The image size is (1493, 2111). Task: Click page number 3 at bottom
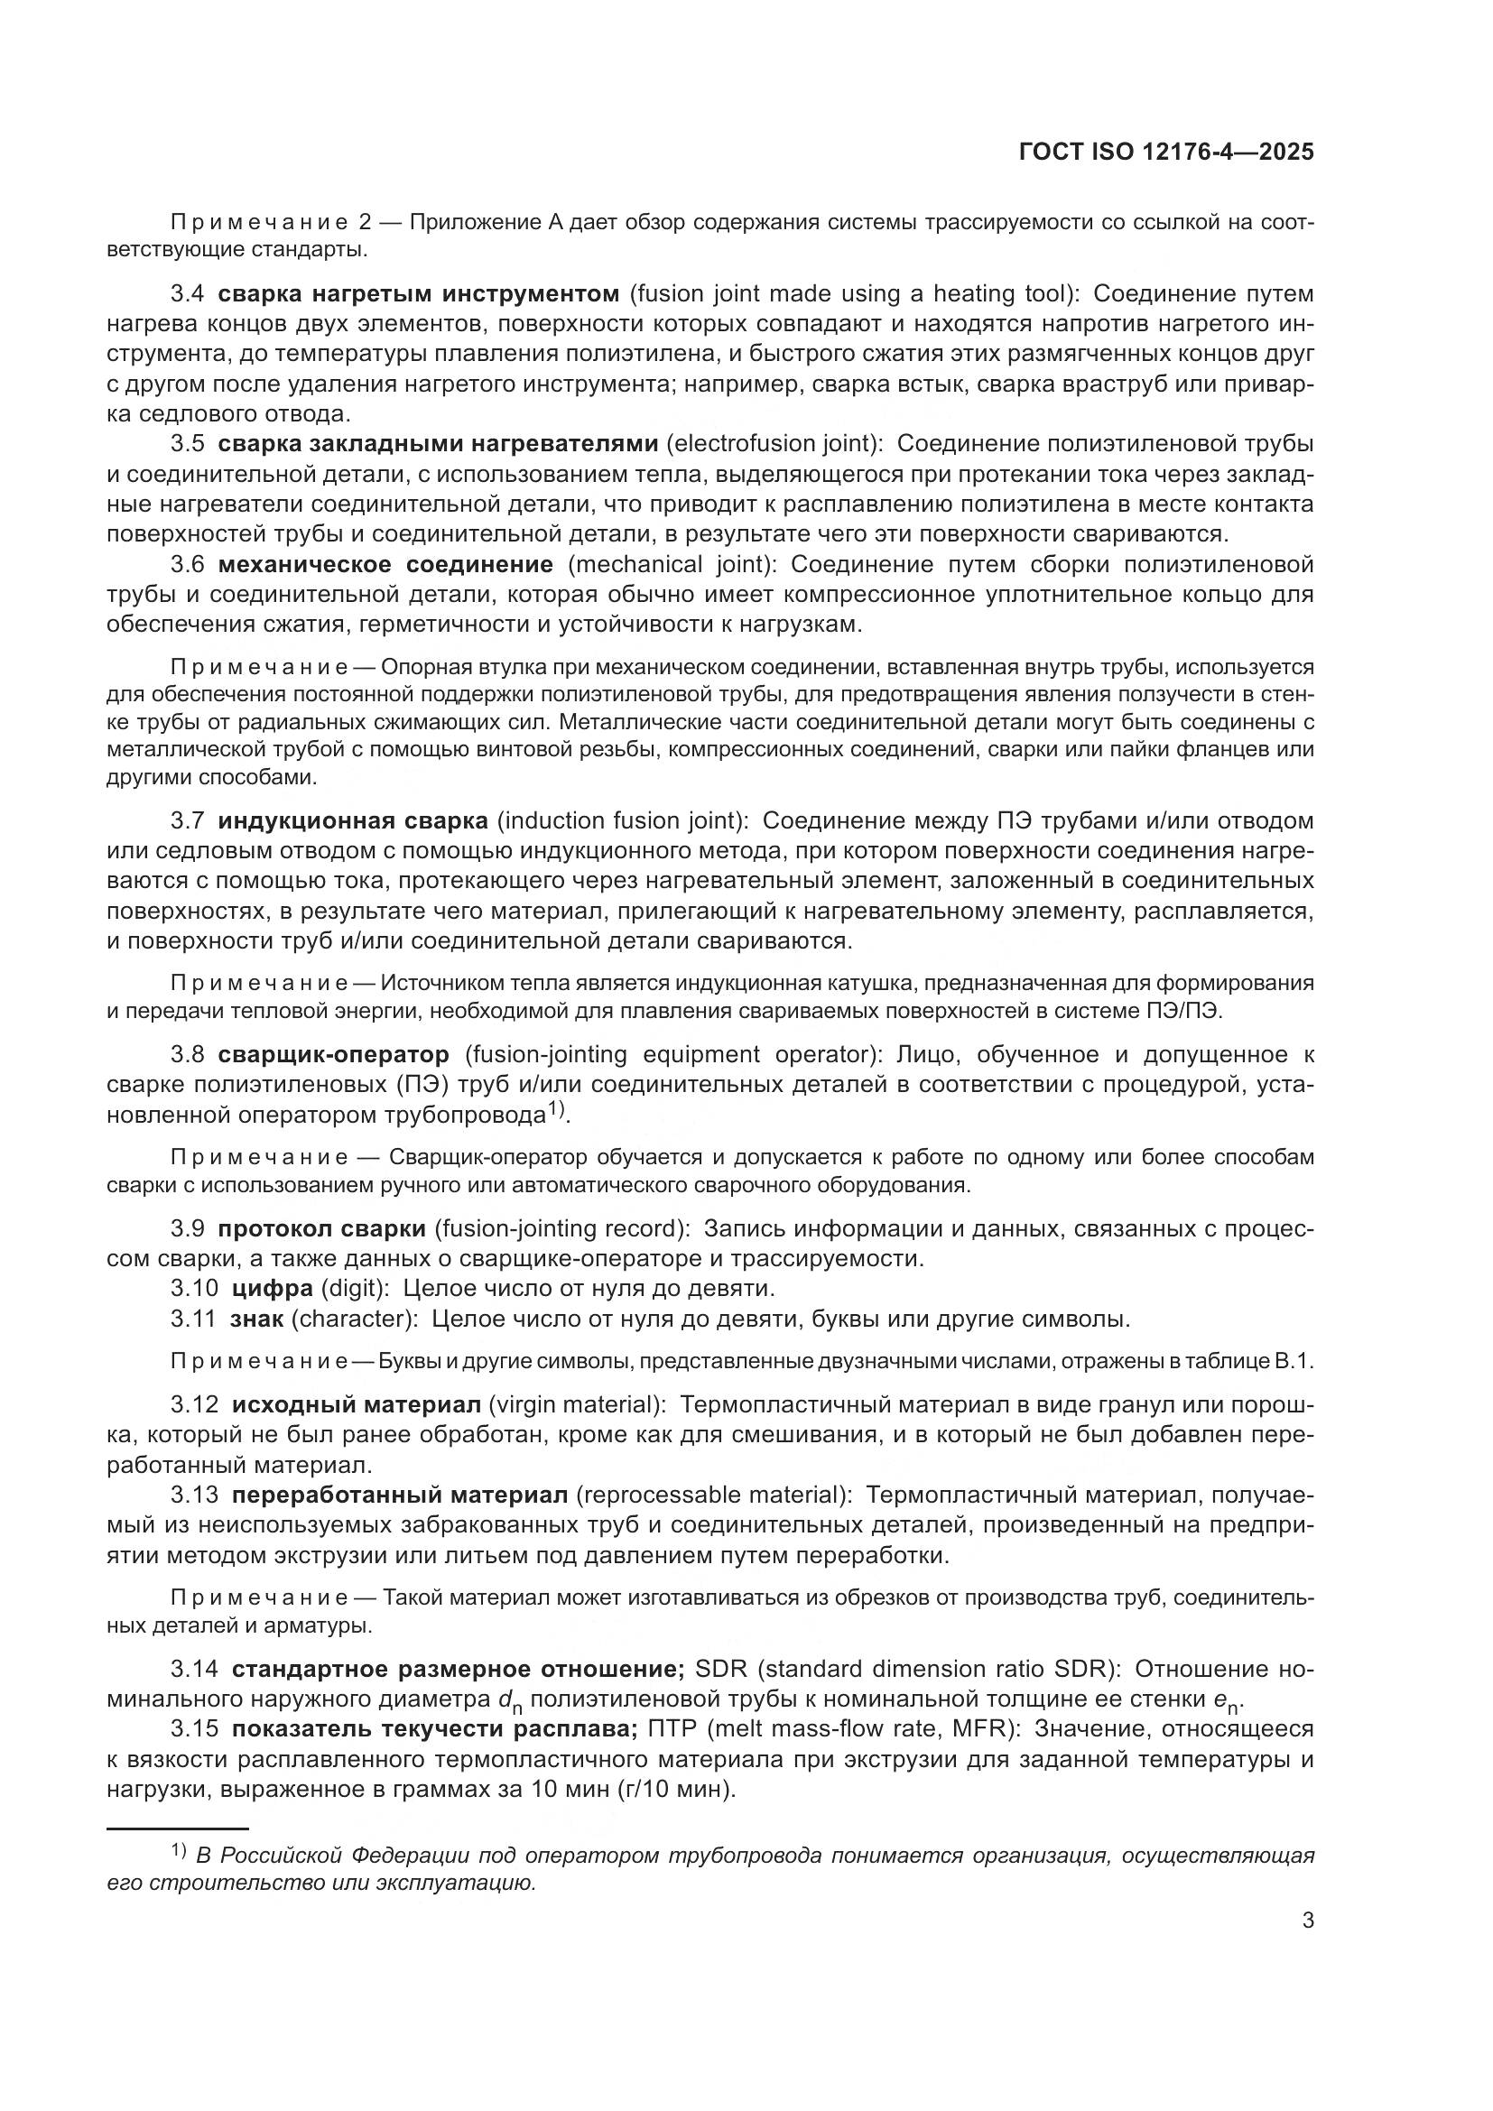(1307, 1920)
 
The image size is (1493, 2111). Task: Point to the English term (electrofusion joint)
(775, 444)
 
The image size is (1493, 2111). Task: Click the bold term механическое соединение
(385, 563)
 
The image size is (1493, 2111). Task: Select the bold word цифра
(281, 1288)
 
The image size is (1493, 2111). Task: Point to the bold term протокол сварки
(321, 1228)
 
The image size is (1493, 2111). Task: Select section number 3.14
(194, 1669)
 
